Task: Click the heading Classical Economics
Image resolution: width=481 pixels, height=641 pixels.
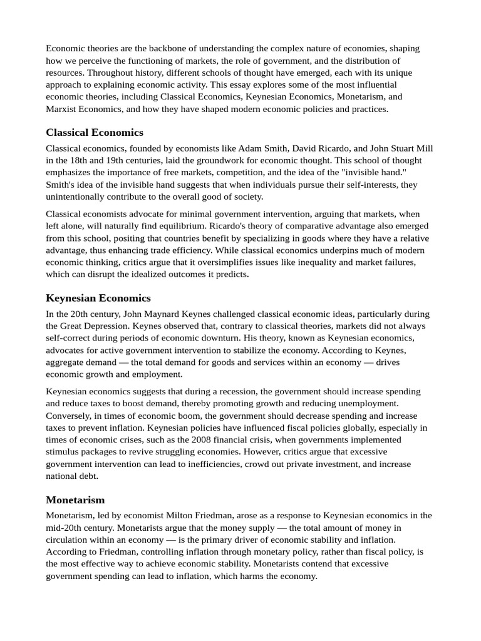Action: point(95,132)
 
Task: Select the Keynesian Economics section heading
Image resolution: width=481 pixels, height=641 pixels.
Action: point(98,298)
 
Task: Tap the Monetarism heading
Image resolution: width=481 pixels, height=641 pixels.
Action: point(75,500)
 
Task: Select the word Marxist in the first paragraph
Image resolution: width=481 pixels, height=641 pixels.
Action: point(61,109)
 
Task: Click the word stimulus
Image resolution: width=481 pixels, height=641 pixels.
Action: point(62,451)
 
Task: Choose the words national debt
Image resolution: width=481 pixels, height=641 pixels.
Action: point(72,476)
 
